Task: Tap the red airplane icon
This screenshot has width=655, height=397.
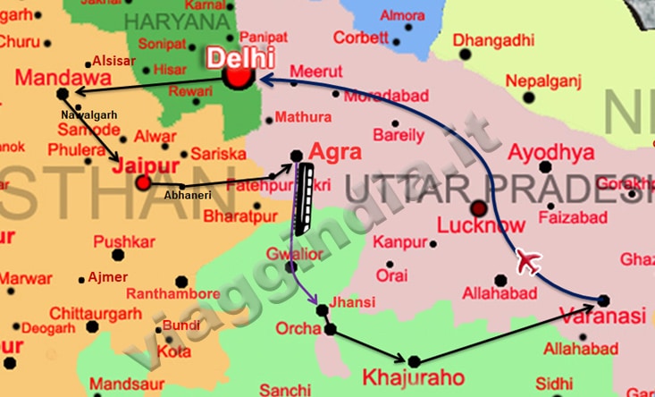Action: [529, 262]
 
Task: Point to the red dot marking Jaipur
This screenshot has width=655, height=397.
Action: [143, 183]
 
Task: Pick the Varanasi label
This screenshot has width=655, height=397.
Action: [601, 317]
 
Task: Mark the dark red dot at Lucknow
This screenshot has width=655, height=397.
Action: [480, 208]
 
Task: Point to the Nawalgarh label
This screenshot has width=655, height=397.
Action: [89, 115]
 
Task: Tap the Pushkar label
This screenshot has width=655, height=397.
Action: [124, 241]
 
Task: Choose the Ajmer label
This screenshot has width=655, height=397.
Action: [108, 276]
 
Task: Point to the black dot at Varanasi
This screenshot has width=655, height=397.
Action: [603, 300]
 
